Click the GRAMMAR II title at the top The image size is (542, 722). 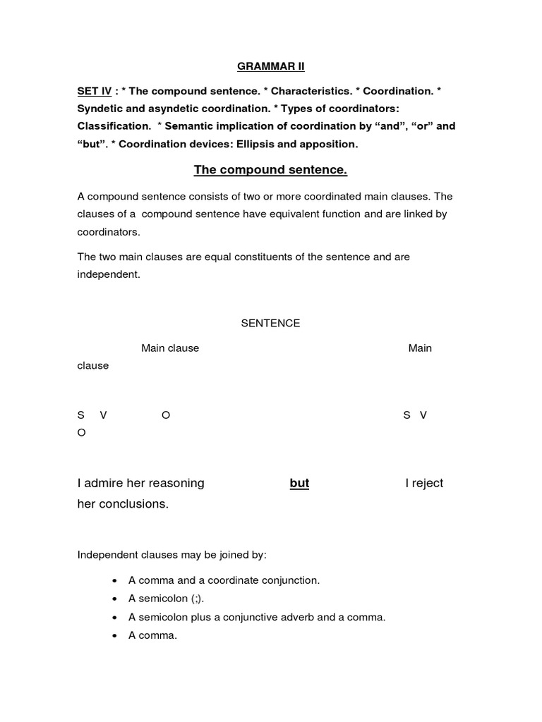click(x=270, y=66)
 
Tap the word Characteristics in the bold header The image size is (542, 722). click(x=311, y=92)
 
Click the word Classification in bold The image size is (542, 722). click(x=113, y=127)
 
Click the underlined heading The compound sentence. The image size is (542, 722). click(x=270, y=171)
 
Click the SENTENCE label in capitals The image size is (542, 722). click(x=270, y=323)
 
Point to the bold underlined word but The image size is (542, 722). click(x=299, y=483)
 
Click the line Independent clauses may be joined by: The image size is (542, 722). click(x=171, y=555)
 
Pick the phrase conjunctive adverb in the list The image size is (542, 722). click(x=265, y=617)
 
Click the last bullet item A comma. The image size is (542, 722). click(x=152, y=635)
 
